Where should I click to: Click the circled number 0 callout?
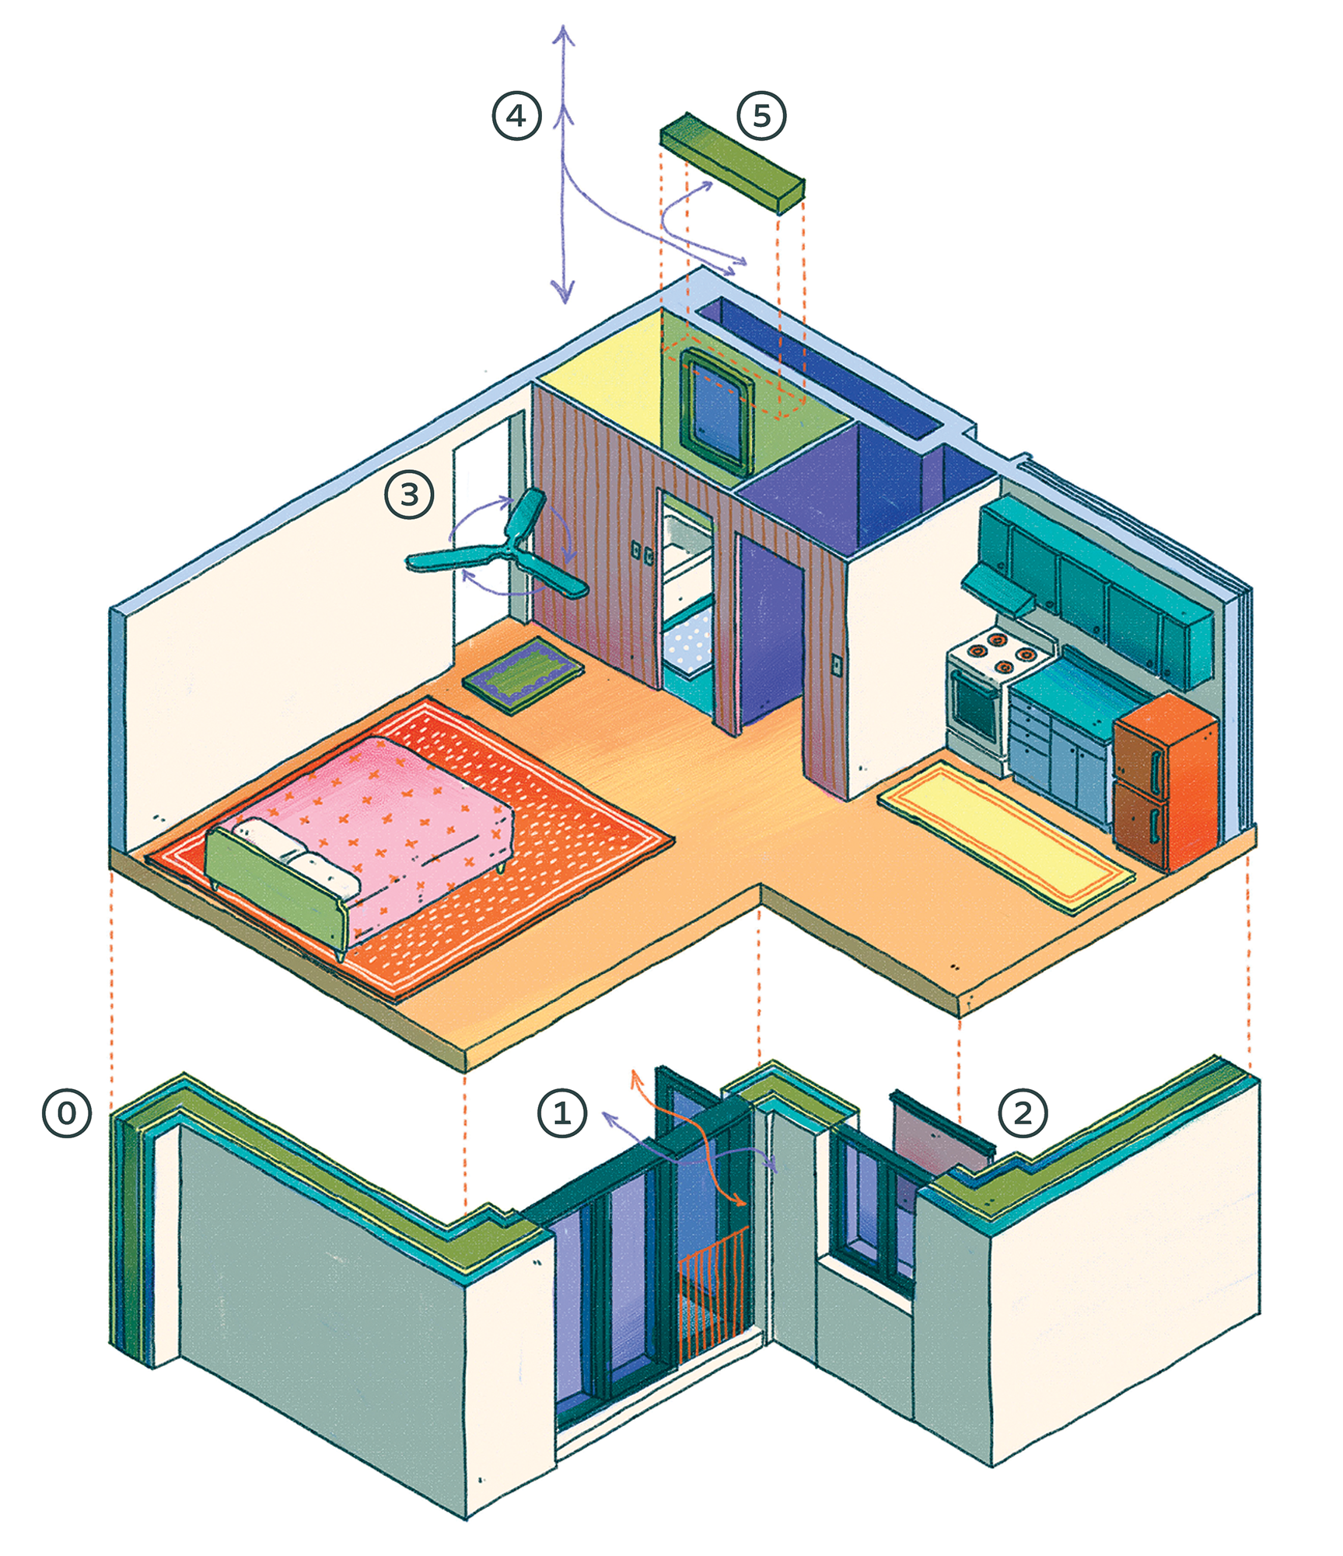tap(67, 1113)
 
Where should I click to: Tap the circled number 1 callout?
tap(562, 1113)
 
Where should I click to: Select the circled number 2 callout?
tap(1023, 1113)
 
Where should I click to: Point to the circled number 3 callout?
tap(410, 494)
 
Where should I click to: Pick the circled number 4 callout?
tap(516, 116)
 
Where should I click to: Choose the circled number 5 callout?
tap(761, 116)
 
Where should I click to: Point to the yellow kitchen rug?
tap(1006, 836)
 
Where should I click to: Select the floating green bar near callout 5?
tap(732, 163)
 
